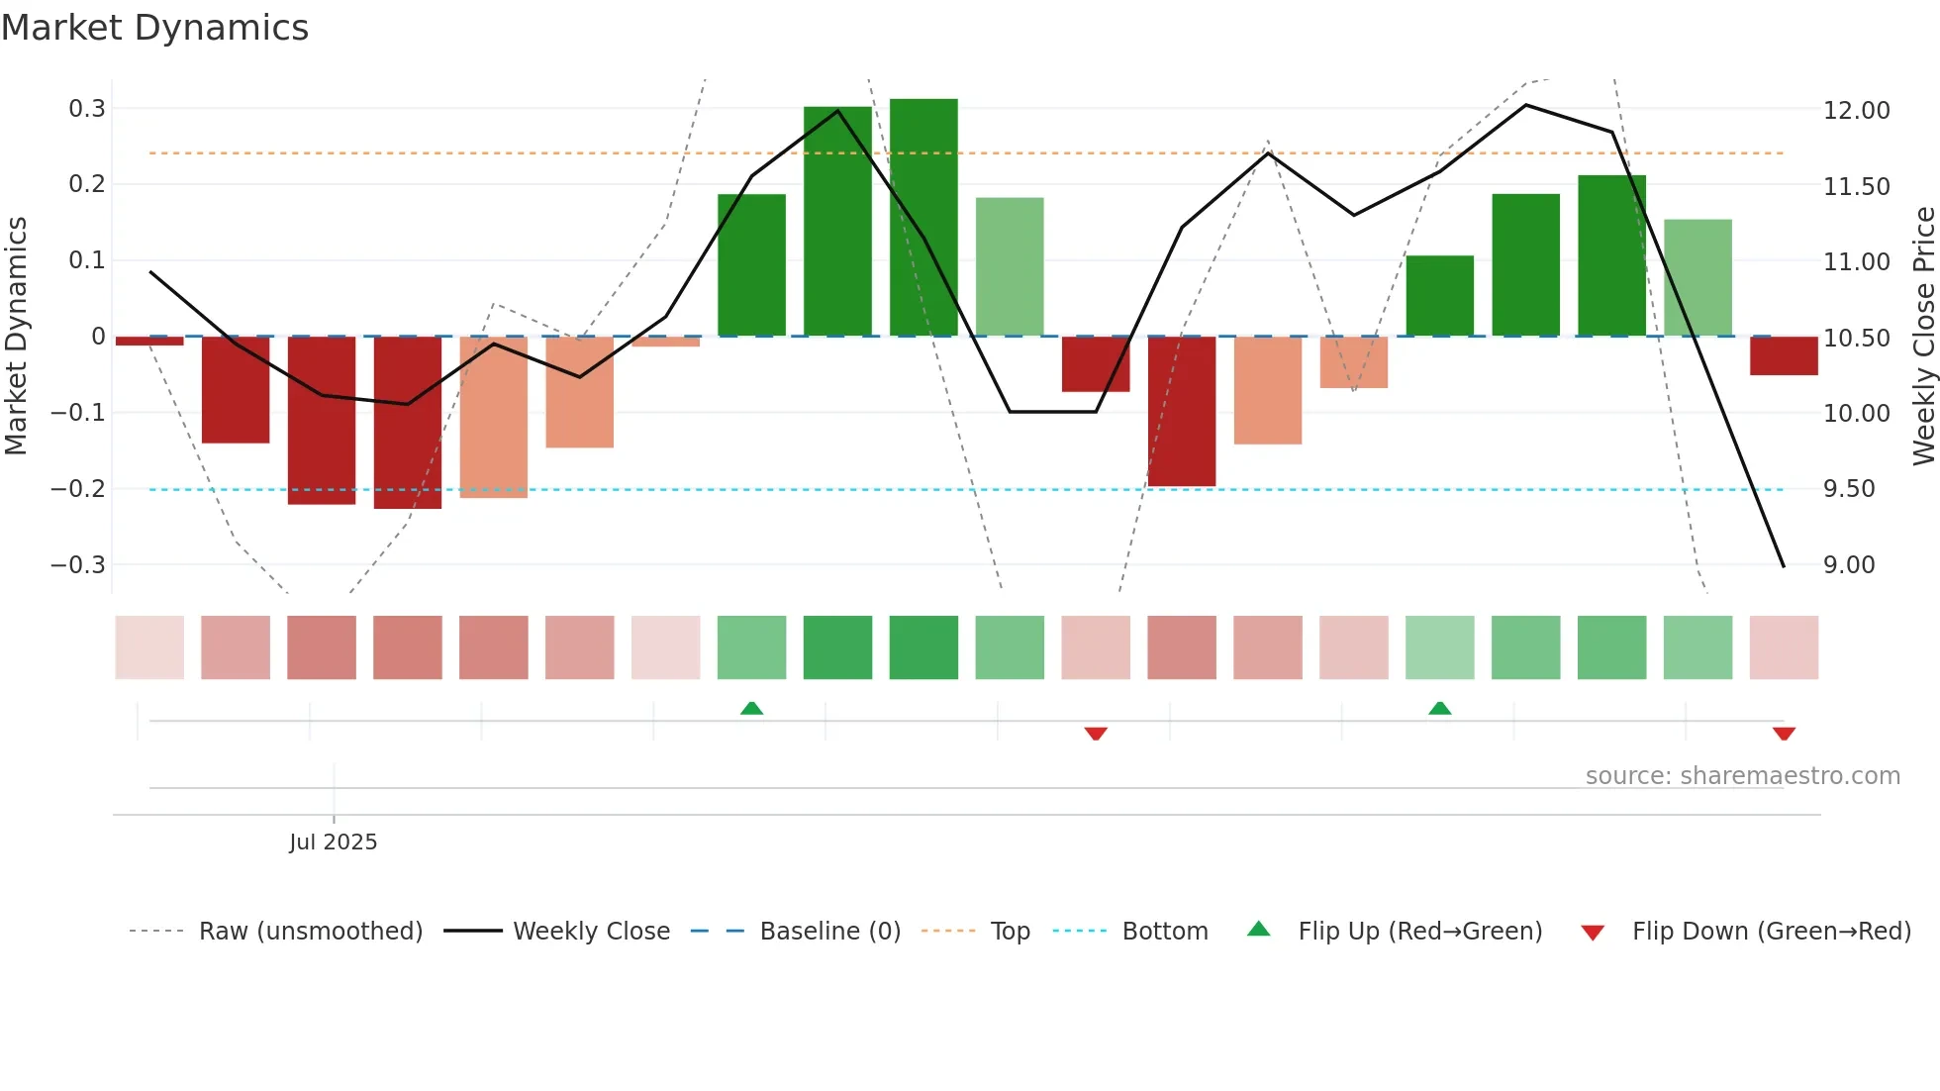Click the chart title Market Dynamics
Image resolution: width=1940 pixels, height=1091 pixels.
click(154, 28)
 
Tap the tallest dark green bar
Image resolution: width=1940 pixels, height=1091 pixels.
click(923, 217)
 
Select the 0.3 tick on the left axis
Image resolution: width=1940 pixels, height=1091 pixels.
click(87, 108)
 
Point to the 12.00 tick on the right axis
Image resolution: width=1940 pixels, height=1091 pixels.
click(1856, 111)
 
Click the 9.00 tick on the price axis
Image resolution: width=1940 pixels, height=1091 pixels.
click(1849, 565)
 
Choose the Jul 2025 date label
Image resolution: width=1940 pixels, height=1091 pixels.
click(334, 842)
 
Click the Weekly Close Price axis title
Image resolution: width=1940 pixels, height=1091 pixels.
click(1923, 336)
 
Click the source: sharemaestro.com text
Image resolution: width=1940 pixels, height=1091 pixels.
click(1742, 776)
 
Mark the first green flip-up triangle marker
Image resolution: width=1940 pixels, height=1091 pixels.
click(751, 708)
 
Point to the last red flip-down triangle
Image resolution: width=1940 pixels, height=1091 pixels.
click(1784, 734)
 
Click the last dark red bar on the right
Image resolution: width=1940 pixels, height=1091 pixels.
click(1784, 355)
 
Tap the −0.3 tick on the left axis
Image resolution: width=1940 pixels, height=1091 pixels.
click(79, 565)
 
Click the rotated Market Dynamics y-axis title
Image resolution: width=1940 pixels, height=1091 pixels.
click(16, 336)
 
